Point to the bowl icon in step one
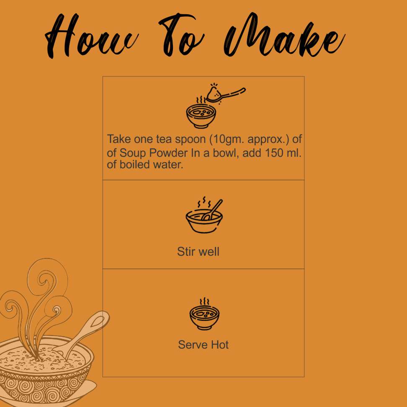pos(201,116)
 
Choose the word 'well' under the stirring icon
pos(209,252)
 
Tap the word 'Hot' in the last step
pos(220,345)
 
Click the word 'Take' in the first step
pos(119,139)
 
